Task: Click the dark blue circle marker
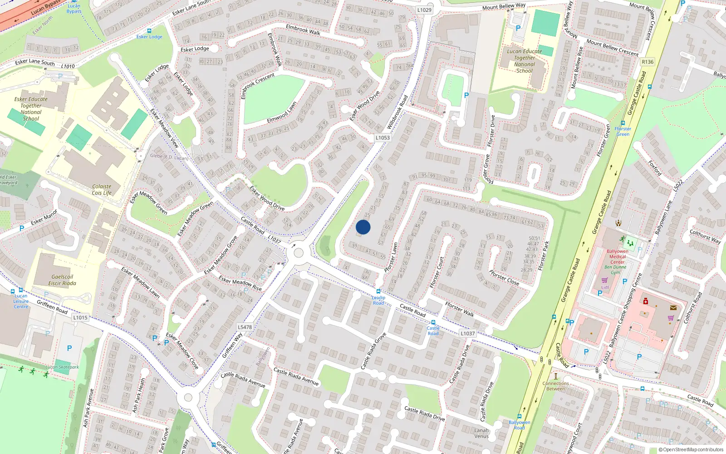tap(363, 227)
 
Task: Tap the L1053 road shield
tap(383, 138)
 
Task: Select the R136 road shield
tap(648, 62)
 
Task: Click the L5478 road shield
tap(245, 327)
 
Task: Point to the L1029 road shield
tap(424, 10)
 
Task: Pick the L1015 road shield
tap(80, 317)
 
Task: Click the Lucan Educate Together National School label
tap(525, 61)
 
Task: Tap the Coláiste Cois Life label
tap(102, 189)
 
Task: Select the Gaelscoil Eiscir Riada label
tap(62, 280)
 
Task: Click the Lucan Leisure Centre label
tap(21, 301)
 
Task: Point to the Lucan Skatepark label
tap(62, 367)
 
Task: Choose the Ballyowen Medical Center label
tap(617, 257)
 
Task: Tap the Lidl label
tap(605, 287)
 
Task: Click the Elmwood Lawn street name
tap(282, 112)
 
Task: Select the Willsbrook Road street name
tap(397, 111)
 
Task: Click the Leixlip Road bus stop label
tap(378, 300)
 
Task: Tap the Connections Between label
tap(555, 386)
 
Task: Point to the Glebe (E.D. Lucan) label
tap(169, 157)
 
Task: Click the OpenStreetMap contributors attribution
tap(691, 449)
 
